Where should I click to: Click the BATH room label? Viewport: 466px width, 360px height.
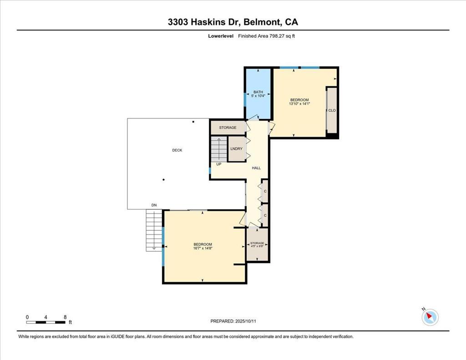(258, 92)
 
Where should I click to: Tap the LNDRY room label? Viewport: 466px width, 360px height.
(237, 149)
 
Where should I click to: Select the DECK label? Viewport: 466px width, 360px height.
(177, 150)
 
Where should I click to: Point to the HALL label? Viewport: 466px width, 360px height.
(256, 168)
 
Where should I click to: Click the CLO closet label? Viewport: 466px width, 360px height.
(332, 110)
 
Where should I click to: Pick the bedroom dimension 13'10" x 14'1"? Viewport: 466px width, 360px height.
(299, 104)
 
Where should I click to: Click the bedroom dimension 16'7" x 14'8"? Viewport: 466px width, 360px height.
(203, 248)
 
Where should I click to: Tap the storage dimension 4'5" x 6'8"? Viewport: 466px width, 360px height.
(257, 246)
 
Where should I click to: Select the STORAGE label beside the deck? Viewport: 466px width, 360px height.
(228, 127)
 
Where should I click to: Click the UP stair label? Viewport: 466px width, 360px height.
(219, 164)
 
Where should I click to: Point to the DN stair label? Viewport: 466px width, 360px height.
(154, 205)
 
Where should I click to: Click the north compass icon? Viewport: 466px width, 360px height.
(430, 317)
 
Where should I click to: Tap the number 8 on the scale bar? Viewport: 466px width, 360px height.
(65, 317)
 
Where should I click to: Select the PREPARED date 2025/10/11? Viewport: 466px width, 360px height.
(245, 321)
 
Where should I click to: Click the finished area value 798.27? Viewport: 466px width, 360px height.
(277, 36)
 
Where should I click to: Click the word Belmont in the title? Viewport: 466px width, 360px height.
(263, 22)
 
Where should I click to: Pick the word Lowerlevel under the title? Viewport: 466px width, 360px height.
(221, 36)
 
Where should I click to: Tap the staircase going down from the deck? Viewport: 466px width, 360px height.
(154, 230)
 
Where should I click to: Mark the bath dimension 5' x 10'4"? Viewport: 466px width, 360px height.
(258, 96)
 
